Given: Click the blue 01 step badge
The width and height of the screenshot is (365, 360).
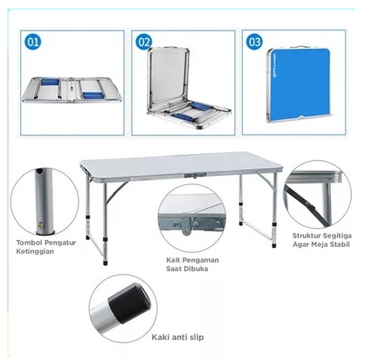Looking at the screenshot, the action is tap(32, 42).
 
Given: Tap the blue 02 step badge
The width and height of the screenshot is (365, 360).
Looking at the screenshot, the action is tap(144, 42).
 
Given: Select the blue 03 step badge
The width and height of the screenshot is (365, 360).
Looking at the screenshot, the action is tap(254, 42).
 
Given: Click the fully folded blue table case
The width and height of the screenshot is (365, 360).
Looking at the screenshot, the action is tap(298, 84).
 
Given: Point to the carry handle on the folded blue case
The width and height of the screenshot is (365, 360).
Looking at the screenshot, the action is tap(300, 47).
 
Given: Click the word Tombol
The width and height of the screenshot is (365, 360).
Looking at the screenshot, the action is tap(29, 242).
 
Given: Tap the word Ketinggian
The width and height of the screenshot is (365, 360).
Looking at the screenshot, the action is tap(35, 252).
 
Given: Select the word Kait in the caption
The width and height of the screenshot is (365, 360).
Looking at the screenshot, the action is tap(173, 260).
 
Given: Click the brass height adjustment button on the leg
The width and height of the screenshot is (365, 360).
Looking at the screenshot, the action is tap(40, 226).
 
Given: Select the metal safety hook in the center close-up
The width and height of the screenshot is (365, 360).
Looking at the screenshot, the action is tap(186, 226).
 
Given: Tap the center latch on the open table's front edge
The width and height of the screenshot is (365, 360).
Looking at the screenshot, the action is tap(196, 176).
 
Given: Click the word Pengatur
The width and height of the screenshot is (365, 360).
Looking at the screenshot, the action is tap(60, 243).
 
